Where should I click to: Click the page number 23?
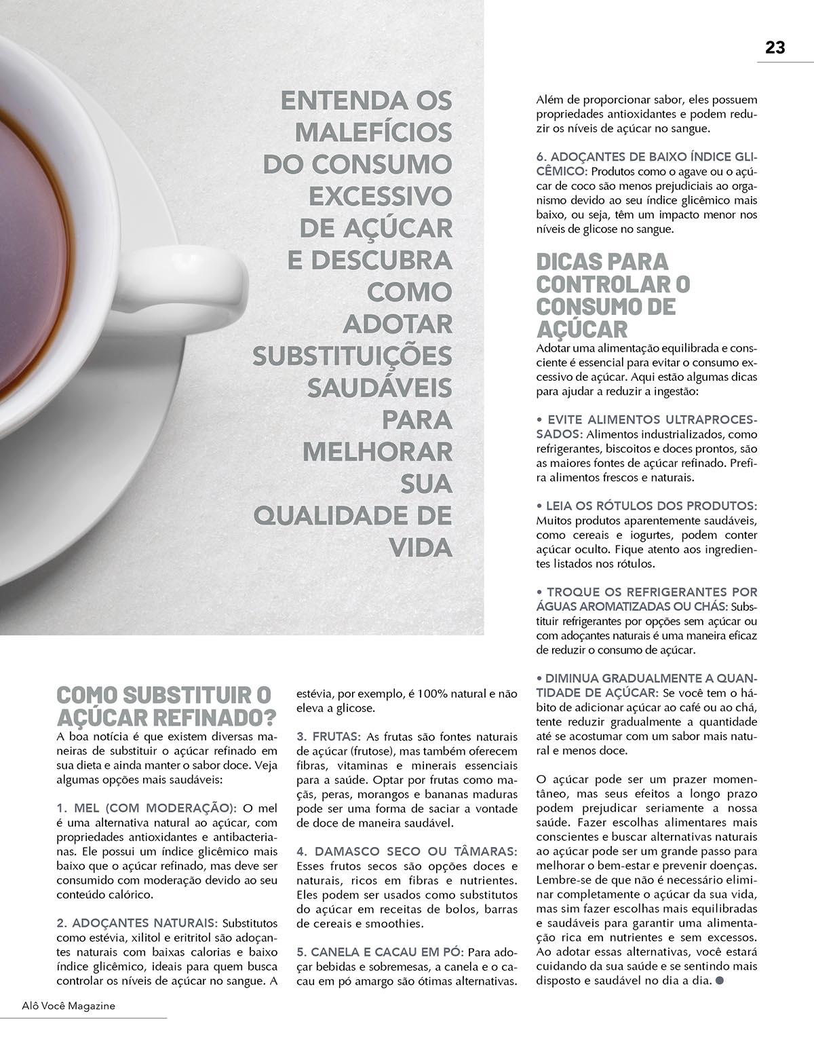click(775, 48)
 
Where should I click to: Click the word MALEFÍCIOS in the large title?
click(374, 132)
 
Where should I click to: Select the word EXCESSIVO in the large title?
click(381, 196)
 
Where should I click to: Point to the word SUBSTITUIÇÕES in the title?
click(352, 356)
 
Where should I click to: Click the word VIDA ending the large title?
click(421, 547)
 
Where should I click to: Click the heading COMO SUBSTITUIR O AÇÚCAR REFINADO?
click(166, 706)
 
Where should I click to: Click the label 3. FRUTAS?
click(328, 736)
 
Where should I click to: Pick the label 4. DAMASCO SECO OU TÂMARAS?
click(407, 851)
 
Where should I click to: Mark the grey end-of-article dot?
click(720, 980)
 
